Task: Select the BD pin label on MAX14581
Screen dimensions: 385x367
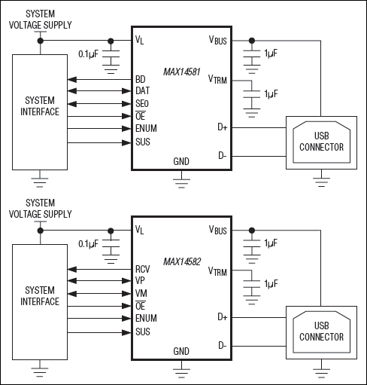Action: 141,78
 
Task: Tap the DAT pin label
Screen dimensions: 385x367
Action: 143,90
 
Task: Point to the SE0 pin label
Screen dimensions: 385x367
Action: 143,102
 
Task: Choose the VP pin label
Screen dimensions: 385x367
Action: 141,280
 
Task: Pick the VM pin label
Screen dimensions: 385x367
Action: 141,292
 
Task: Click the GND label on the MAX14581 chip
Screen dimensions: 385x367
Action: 181,161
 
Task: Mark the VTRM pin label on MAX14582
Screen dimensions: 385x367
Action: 217,271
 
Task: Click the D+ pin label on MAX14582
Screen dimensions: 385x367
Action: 222,317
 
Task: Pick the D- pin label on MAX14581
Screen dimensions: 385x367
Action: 222,156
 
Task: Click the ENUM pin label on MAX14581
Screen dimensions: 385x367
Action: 146,128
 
